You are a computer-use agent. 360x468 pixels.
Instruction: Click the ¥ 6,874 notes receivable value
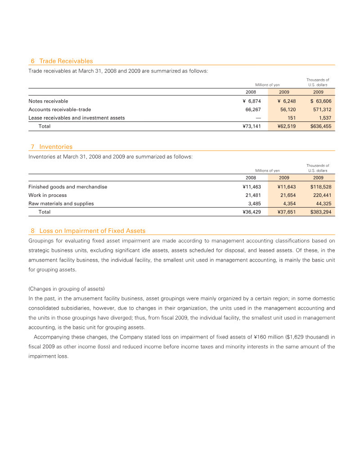point(252,101)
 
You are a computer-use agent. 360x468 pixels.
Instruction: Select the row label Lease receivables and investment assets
point(76,118)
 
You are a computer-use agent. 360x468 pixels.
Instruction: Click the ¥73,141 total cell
point(252,126)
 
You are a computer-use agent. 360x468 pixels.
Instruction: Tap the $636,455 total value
point(321,126)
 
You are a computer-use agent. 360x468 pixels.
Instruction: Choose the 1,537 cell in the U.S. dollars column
point(324,118)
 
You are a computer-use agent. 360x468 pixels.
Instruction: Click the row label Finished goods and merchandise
point(67,187)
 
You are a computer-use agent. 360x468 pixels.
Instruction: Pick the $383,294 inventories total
point(321,212)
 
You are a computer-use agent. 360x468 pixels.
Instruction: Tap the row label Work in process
point(47,195)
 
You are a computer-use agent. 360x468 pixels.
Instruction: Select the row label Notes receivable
point(48,101)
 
